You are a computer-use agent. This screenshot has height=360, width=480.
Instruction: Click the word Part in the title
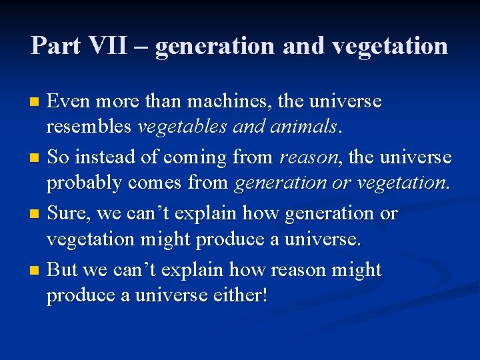click(56, 45)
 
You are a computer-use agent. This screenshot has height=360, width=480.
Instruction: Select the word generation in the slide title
click(214, 46)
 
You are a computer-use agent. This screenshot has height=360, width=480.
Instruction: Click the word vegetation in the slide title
click(390, 46)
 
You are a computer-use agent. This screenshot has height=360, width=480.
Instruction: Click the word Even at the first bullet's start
click(69, 102)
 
